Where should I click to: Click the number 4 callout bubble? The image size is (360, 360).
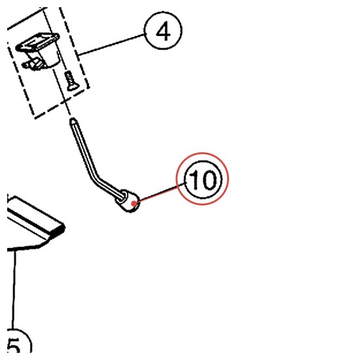click(x=163, y=31)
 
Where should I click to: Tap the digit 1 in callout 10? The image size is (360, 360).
click(x=194, y=179)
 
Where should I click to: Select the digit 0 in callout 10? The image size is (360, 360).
click(x=208, y=179)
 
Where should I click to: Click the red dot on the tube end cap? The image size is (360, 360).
click(x=134, y=203)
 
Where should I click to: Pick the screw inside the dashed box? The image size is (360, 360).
click(x=71, y=81)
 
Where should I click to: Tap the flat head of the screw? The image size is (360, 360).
click(x=73, y=88)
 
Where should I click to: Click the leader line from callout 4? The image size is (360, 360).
click(x=111, y=45)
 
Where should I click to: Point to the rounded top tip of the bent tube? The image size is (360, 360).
click(x=73, y=120)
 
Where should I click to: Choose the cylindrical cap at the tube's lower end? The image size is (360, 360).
click(x=128, y=201)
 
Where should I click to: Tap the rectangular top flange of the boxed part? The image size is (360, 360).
click(x=38, y=41)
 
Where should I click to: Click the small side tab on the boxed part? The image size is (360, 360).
click(x=32, y=64)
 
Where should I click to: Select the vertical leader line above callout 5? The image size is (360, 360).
click(x=14, y=290)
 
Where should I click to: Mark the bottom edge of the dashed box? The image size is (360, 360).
click(x=62, y=103)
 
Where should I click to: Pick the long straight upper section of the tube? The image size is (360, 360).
click(x=83, y=147)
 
